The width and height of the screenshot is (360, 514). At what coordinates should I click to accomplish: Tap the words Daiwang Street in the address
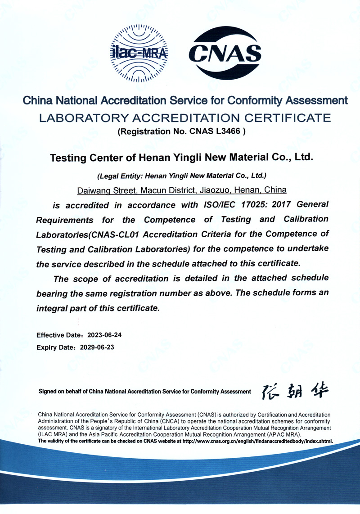pos(107,190)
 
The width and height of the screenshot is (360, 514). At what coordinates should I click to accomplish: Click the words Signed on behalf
pos(61,392)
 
